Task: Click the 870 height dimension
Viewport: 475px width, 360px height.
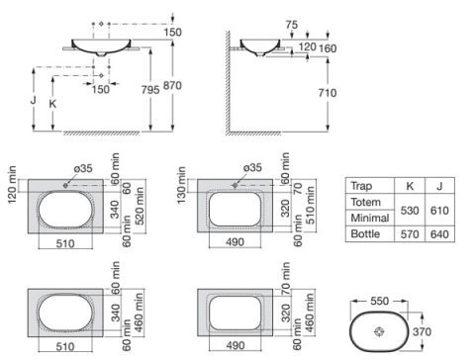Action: pyautogui.click(x=172, y=85)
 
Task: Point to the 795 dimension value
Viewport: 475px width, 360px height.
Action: pyautogui.click(x=150, y=90)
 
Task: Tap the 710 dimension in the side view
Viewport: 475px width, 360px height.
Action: pyautogui.click(x=328, y=93)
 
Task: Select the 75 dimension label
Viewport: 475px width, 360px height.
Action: pyautogui.click(x=292, y=25)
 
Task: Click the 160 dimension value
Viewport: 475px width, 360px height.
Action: pyautogui.click(x=328, y=48)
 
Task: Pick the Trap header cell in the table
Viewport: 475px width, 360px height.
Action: pyautogui.click(x=361, y=186)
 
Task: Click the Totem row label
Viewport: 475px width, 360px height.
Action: pyautogui.click(x=365, y=202)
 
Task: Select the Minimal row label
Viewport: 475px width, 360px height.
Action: pyautogui.click(x=370, y=218)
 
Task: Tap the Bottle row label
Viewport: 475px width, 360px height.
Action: pyautogui.click(x=365, y=233)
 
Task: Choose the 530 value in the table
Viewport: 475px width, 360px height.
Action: pyautogui.click(x=410, y=211)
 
